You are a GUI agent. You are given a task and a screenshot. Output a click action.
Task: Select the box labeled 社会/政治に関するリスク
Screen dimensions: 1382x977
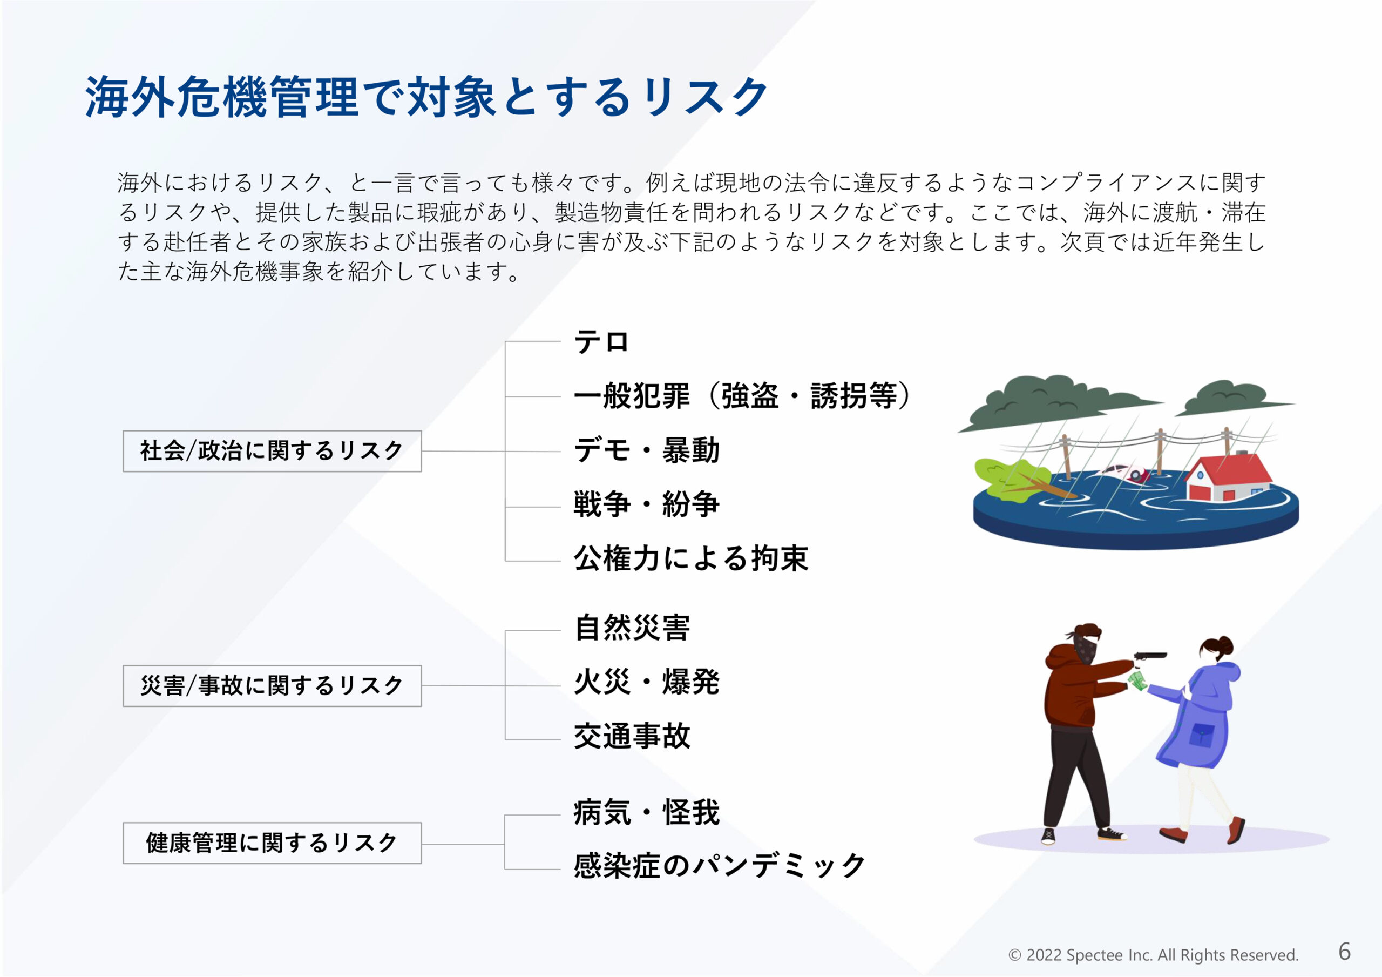tap(272, 451)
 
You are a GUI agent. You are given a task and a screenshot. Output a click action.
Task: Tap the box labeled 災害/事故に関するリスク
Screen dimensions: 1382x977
tap(272, 686)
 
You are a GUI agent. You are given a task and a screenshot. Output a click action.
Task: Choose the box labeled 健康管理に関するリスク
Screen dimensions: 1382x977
tap(272, 843)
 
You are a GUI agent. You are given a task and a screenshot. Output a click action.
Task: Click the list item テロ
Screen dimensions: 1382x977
tap(601, 342)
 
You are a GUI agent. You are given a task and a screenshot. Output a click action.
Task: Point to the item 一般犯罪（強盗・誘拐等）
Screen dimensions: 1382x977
tap(743, 396)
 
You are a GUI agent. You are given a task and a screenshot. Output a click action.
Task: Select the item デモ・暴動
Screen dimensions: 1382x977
tap(646, 450)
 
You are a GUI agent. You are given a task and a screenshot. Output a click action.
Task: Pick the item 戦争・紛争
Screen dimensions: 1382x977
tap(646, 505)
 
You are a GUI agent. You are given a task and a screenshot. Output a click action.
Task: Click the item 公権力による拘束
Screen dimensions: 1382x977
tap(691, 559)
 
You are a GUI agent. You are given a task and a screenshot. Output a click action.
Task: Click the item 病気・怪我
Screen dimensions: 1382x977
tap(646, 813)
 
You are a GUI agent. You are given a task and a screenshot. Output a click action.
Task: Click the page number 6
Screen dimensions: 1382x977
tap(1345, 952)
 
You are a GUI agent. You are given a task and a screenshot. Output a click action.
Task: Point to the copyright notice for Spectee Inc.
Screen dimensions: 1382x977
tap(1153, 955)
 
